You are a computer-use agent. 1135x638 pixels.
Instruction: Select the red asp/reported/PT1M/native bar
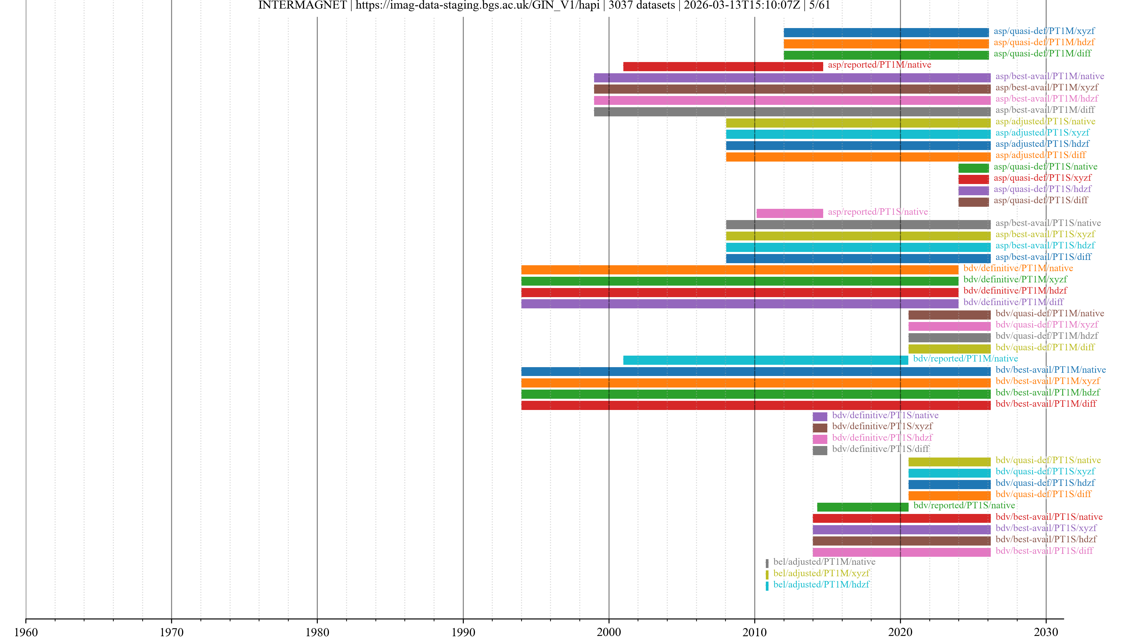coord(723,66)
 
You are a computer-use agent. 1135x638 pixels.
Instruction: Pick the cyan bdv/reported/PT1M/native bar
coord(765,360)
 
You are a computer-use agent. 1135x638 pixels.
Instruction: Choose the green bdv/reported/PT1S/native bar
coord(862,507)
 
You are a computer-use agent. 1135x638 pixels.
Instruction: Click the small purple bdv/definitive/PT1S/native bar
coord(820,416)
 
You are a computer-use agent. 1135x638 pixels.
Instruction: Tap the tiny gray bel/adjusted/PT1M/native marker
coord(767,563)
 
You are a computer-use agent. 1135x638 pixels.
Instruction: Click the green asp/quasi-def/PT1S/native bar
coord(973,168)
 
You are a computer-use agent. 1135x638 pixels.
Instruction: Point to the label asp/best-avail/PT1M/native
coord(1050,76)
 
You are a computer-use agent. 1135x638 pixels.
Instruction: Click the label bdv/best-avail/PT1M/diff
coord(1045,404)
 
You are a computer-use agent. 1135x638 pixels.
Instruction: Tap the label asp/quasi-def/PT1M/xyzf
coord(1044,31)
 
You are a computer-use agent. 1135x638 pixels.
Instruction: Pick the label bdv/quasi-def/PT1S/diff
coord(1043,494)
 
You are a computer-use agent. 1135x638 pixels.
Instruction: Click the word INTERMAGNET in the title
coord(302,5)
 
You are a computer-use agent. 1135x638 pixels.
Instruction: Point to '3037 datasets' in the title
coord(641,5)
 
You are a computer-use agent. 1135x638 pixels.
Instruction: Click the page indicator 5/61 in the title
coord(820,5)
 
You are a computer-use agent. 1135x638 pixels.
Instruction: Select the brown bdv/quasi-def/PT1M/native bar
coord(949,315)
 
